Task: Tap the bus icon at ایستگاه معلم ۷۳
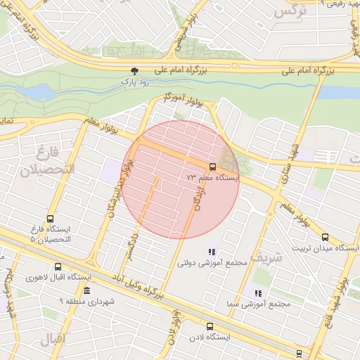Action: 212,167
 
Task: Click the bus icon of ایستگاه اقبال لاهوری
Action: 58,266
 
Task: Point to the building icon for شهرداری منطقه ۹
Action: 86,290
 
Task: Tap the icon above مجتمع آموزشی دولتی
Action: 212,252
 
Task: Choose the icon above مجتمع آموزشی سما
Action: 258,292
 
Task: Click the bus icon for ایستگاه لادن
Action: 210,326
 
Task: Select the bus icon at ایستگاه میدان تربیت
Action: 324,238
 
